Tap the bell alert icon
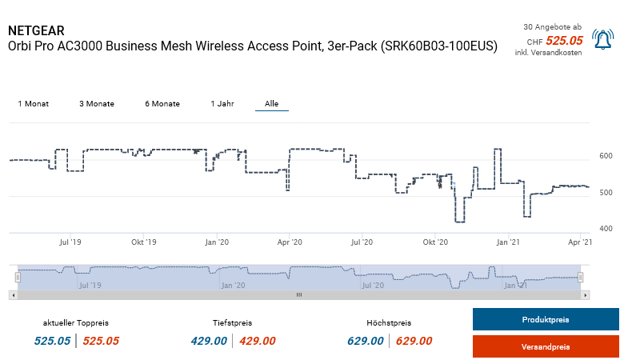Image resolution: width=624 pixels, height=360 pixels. click(x=603, y=39)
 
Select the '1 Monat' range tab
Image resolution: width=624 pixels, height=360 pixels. click(x=33, y=104)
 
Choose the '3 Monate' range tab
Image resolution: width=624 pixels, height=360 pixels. click(x=96, y=104)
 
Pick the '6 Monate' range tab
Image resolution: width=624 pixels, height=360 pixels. click(x=162, y=104)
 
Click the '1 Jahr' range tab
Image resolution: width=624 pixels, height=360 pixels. click(x=223, y=104)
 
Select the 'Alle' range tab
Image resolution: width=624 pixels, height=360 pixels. click(x=271, y=104)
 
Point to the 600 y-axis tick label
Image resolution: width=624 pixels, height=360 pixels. click(x=606, y=156)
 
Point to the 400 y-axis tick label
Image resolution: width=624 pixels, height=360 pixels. click(x=606, y=230)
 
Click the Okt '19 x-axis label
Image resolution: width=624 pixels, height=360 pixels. click(x=144, y=241)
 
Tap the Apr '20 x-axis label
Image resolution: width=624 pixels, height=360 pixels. click(x=290, y=241)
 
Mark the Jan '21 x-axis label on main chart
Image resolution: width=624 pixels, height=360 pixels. click(x=509, y=241)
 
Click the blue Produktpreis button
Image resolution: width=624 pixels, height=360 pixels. click(x=546, y=319)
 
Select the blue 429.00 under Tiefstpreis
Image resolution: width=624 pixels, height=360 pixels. click(x=209, y=341)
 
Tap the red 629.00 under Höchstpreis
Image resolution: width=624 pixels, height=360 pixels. click(x=414, y=341)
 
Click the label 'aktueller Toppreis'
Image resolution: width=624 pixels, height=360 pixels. click(x=76, y=322)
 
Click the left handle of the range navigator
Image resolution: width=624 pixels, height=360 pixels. click(x=17, y=277)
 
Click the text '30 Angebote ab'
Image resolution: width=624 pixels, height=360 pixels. click(x=553, y=26)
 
